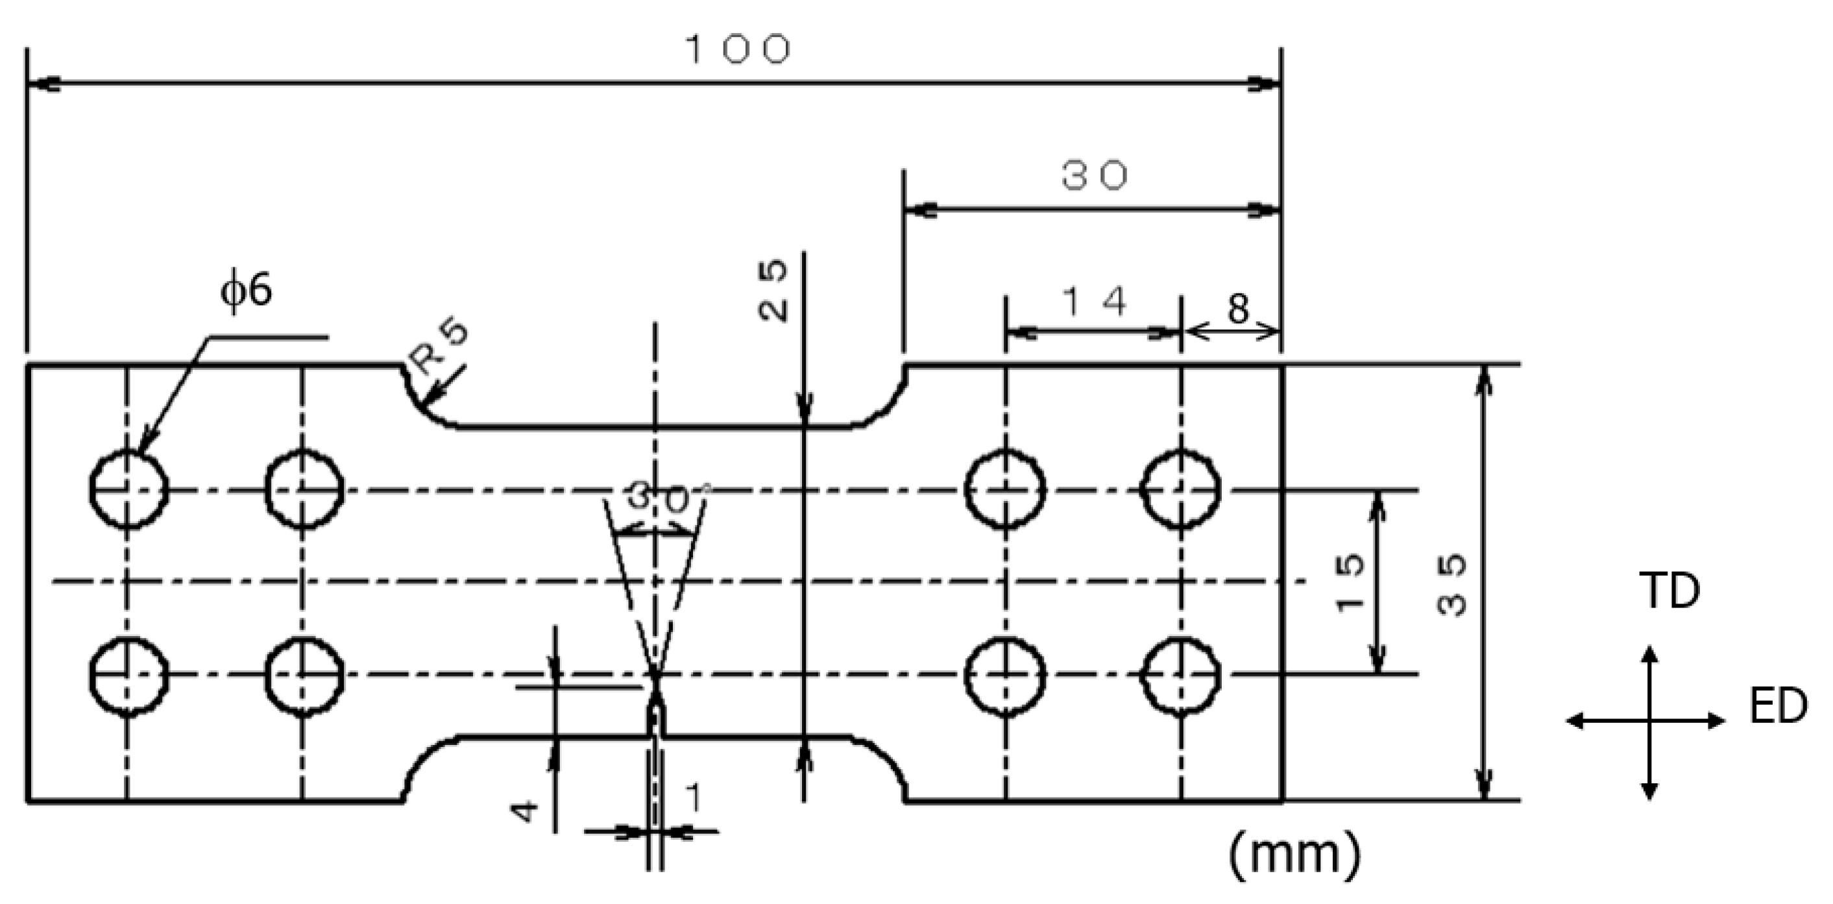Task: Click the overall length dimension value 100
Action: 738,50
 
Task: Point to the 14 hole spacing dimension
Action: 1094,302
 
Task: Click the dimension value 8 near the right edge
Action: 1238,309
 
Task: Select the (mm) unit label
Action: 1294,855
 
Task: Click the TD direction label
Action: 1669,591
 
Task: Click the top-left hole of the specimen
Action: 128,490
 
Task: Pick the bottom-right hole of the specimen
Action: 1180,674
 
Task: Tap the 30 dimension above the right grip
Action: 1094,176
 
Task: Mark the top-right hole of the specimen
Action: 1180,490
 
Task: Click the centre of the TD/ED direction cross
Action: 1649,721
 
